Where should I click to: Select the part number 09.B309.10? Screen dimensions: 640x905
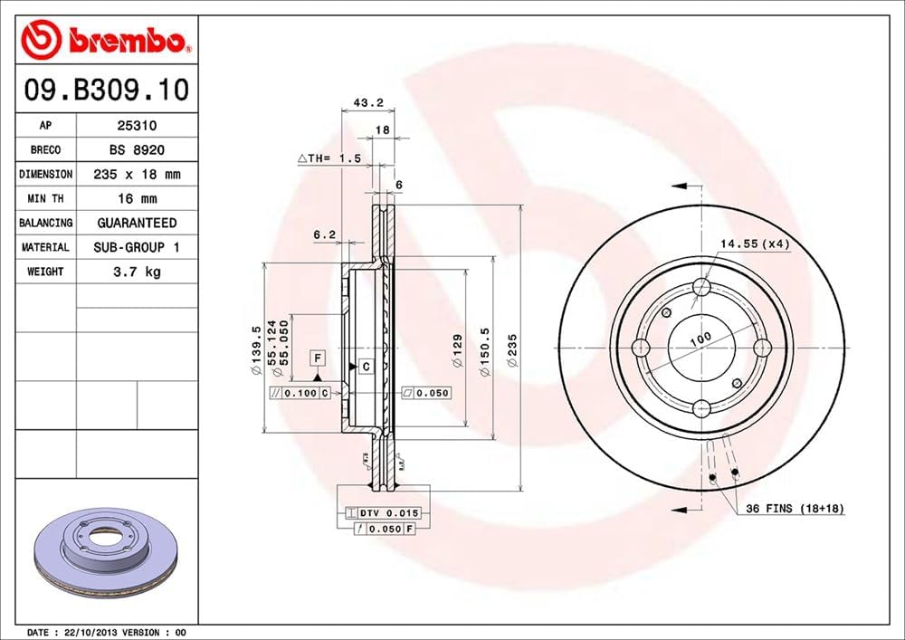[x=105, y=91]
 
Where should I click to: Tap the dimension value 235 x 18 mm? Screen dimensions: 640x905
[x=137, y=174]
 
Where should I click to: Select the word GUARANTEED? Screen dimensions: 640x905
[x=137, y=223]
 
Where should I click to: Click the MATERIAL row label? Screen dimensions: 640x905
[x=45, y=247]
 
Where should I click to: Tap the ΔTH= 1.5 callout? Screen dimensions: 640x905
[x=329, y=158]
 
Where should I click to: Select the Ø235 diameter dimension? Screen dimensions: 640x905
[x=511, y=349]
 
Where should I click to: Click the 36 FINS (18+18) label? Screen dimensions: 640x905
[x=795, y=509]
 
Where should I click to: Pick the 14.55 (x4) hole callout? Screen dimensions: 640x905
[x=756, y=243]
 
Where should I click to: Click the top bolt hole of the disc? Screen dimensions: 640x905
[x=701, y=288]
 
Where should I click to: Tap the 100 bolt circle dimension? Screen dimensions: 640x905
[x=700, y=337]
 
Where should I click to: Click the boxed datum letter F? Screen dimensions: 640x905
[x=318, y=357]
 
